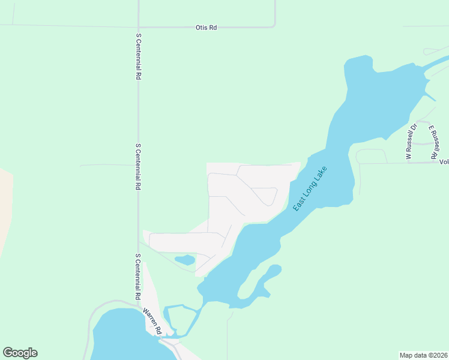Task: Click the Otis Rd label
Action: pyautogui.click(x=206, y=28)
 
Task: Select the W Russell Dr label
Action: pyautogui.click(x=410, y=142)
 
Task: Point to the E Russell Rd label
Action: pyautogui.click(x=433, y=142)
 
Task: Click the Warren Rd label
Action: pyautogui.click(x=152, y=322)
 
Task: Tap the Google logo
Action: pyautogui.click(x=20, y=353)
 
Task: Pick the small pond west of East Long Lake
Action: pyautogui.click(x=185, y=260)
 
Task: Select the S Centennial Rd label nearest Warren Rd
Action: pyautogui.click(x=138, y=277)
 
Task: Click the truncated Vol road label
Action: pyautogui.click(x=444, y=162)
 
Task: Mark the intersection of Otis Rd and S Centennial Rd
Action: pyautogui.click(x=138, y=27)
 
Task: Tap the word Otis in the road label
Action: pyautogui.click(x=201, y=28)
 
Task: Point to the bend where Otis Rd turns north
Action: pyautogui.click(x=274, y=26)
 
